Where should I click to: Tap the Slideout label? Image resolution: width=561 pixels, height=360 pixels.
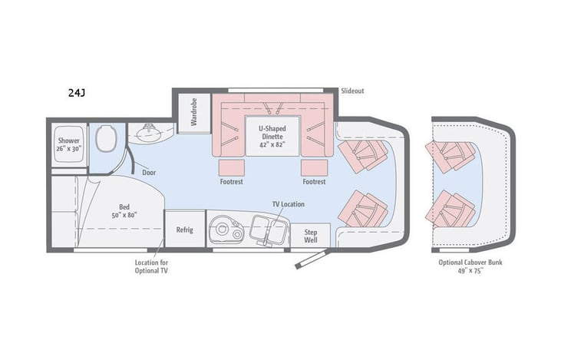[353, 91]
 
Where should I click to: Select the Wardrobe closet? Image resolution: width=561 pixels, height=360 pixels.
[194, 112]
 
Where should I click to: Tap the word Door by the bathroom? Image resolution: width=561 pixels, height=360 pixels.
[149, 173]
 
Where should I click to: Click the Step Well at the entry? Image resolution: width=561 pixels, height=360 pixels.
[312, 235]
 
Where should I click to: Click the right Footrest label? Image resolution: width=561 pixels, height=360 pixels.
[314, 182]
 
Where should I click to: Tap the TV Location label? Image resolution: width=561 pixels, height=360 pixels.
[288, 204]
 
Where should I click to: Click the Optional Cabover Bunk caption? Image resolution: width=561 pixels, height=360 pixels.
[471, 266]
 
